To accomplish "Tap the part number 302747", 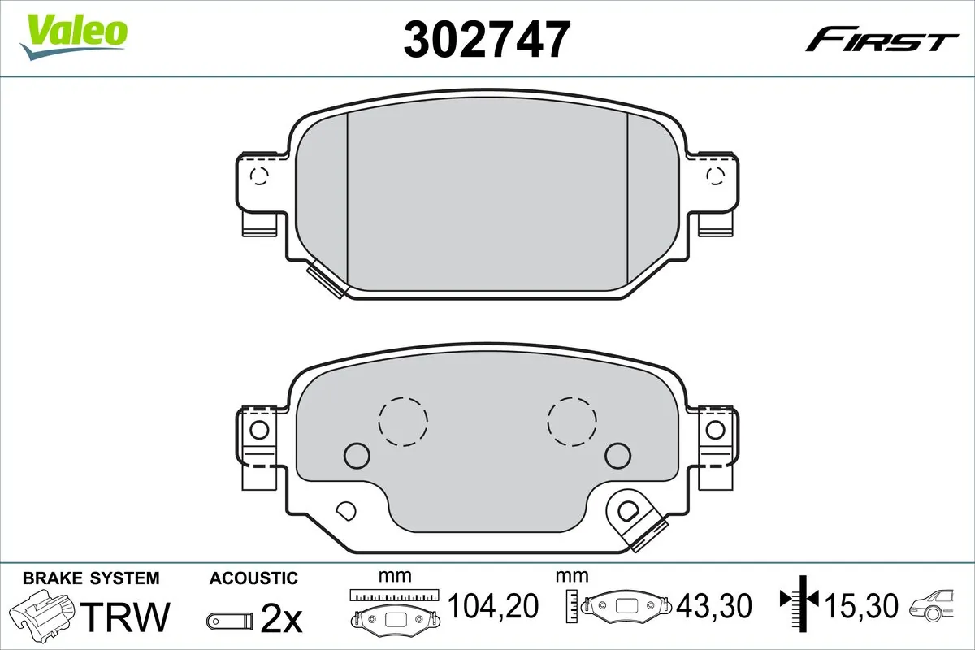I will [486, 38].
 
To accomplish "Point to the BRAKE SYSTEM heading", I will [91, 578].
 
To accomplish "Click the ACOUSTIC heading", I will [253, 578].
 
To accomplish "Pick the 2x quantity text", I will [281, 619].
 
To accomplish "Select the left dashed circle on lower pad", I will [402, 421].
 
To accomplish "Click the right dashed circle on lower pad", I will [572, 421].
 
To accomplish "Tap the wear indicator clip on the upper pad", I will [327, 280].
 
